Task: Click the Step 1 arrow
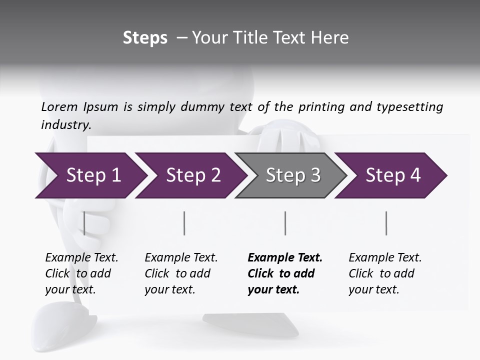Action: point(93,175)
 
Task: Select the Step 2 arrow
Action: point(193,175)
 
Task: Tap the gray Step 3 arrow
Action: point(293,175)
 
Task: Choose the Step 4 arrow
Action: point(393,175)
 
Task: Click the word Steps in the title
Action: point(145,38)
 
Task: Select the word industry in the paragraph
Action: point(65,124)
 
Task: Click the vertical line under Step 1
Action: point(84,223)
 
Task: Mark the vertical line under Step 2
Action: point(184,223)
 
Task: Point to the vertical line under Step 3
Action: point(285,223)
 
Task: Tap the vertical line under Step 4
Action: point(386,223)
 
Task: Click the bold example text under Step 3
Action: point(284,273)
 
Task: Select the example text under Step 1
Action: point(81,273)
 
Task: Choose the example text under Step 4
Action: point(384,273)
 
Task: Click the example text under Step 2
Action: point(180,273)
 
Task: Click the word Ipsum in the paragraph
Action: point(100,107)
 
